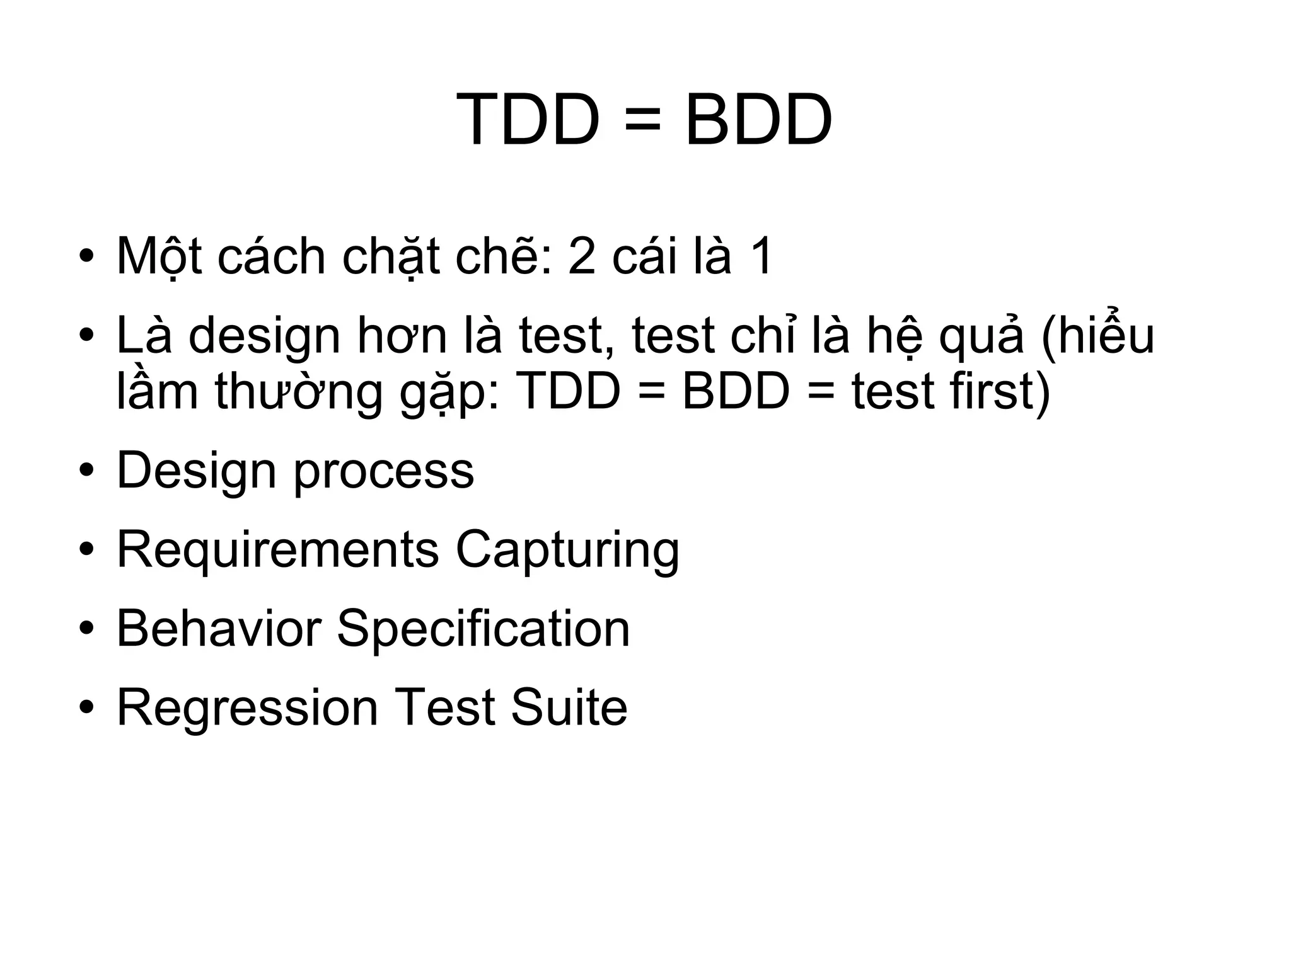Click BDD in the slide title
tap(758, 120)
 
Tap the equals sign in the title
tap(642, 120)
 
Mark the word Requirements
tap(278, 550)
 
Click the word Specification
tap(483, 630)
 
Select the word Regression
tap(248, 708)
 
